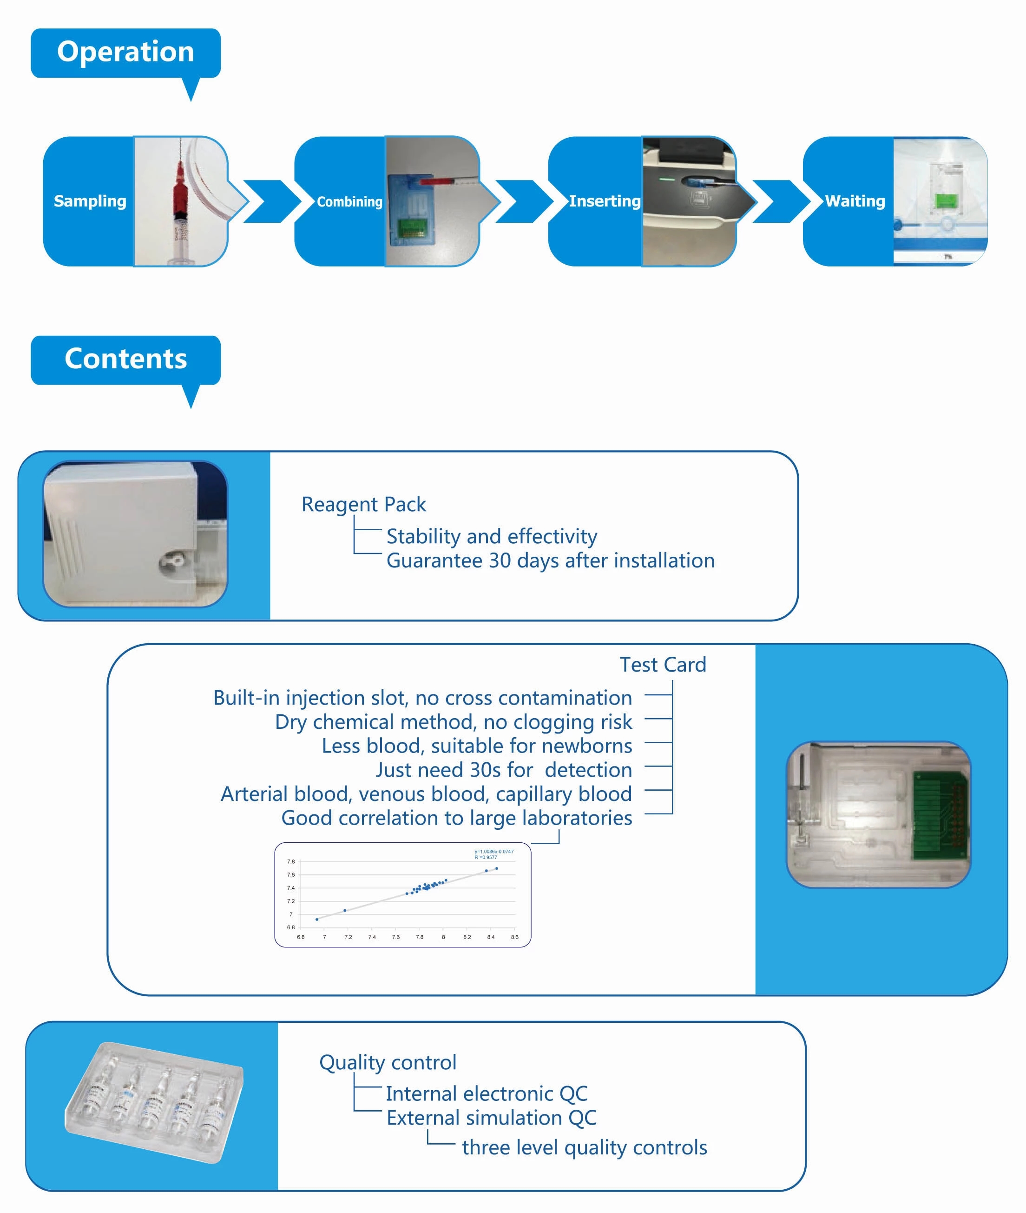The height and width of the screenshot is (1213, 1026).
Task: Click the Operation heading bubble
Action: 125,53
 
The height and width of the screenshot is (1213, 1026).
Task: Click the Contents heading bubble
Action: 125,359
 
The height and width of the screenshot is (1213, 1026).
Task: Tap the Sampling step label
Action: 90,201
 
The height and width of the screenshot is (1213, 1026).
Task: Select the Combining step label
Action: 349,202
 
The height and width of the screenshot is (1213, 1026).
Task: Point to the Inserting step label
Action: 605,201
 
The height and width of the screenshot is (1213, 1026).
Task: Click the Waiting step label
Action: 855,201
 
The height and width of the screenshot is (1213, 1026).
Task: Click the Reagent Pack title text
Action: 363,505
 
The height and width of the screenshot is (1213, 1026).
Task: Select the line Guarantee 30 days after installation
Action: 550,560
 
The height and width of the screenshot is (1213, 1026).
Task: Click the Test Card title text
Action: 663,665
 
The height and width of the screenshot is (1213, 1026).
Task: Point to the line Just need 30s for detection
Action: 503,770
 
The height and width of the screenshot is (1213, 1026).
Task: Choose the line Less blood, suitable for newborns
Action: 476,746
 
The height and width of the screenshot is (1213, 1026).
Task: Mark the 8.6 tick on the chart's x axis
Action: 514,937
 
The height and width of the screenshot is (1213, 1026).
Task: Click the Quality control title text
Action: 388,1063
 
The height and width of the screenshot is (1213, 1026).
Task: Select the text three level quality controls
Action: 584,1148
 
